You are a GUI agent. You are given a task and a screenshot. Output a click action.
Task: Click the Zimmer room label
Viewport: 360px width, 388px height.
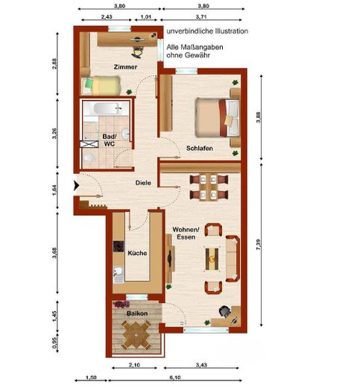click(125, 67)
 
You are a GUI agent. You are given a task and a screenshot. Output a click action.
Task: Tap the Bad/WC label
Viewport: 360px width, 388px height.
click(110, 140)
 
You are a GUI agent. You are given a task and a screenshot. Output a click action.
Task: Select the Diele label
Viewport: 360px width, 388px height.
click(143, 183)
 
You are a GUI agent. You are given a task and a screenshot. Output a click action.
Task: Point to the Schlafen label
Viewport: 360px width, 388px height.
click(200, 148)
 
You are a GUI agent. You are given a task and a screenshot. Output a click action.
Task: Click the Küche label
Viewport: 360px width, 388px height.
click(137, 253)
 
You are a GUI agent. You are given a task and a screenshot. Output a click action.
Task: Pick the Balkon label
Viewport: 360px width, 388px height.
click(137, 313)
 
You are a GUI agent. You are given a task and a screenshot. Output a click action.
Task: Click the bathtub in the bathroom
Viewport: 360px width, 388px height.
click(107, 109)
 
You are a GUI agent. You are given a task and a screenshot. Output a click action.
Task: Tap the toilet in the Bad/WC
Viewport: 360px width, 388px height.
click(89, 157)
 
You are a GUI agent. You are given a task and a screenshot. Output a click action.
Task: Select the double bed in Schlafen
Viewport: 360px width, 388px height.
click(218, 117)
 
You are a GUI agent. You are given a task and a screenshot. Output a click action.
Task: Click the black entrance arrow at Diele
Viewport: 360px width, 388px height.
click(76, 186)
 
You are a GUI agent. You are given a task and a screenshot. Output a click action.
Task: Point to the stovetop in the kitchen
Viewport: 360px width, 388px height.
click(119, 246)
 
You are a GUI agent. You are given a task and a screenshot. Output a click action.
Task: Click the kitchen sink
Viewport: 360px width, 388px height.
click(119, 272)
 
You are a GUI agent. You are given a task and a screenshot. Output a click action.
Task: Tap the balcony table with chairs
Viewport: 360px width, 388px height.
click(136, 334)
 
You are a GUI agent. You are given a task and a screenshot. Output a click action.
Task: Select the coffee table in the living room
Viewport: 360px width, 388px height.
click(212, 259)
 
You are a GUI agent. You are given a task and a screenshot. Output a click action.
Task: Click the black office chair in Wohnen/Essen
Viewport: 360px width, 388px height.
click(225, 311)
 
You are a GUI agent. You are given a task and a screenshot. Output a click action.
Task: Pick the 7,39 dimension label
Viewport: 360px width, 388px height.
click(259, 244)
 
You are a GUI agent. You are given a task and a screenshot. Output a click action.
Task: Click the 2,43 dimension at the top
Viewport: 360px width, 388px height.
click(107, 17)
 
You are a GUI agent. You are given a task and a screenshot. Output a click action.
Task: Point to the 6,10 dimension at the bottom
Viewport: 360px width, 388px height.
click(175, 378)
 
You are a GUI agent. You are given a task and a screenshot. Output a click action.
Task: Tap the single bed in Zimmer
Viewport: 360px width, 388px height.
click(101, 85)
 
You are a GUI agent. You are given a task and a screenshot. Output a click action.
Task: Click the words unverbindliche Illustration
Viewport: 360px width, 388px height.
click(207, 31)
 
